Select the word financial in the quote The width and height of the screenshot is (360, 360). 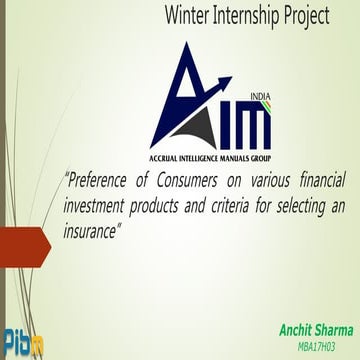coord(319,181)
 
